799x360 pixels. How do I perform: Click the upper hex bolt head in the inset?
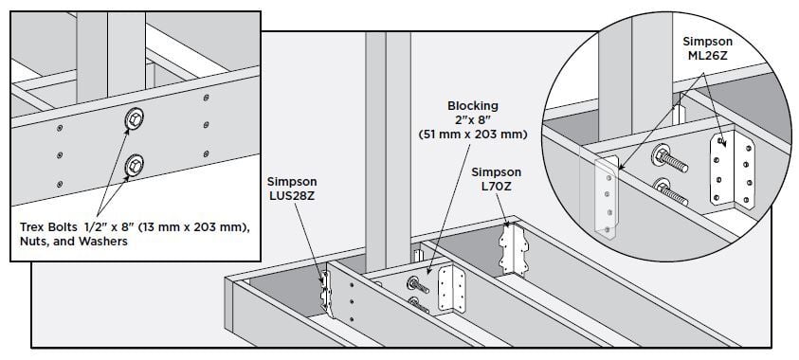pyautogui.click(x=135, y=119)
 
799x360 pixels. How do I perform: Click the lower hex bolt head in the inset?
pyautogui.click(x=135, y=166)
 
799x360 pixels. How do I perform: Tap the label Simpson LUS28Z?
pyautogui.click(x=292, y=188)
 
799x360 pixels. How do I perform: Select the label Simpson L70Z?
pyautogui.click(x=497, y=179)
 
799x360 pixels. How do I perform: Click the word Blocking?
pyautogui.click(x=472, y=106)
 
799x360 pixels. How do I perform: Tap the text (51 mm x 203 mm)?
pyautogui.click(x=472, y=135)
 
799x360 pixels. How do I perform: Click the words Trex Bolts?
pyautogui.click(x=48, y=227)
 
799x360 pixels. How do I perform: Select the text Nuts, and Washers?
pyautogui.click(x=74, y=242)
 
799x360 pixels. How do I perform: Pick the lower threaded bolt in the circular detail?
pyautogui.click(x=670, y=192)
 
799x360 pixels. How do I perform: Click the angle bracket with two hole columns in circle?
pyautogui.click(x=733, y=170)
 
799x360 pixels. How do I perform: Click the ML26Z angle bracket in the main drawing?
pyautogui.click(x=452, y=288)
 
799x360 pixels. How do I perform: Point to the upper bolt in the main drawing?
pyautogui.click(x=418, y=284)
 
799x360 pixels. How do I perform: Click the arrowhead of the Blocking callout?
pyautogui.click(x=429, y=273)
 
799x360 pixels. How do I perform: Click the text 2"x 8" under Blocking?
pyautogui.click(x=472, y=120)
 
